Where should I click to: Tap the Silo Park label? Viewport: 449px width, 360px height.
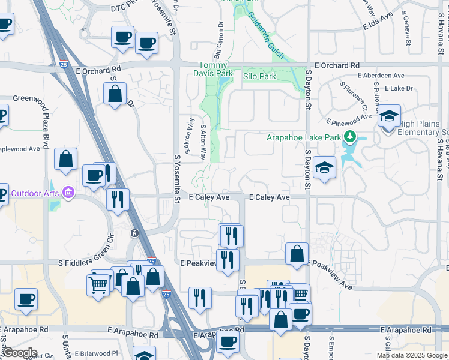[x=259, y=77]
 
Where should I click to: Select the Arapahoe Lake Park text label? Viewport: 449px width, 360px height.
[x=304, y=137]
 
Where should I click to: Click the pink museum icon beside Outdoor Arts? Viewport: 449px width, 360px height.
[x=68, y=193]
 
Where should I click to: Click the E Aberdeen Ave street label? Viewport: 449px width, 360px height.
[x=381, y=76]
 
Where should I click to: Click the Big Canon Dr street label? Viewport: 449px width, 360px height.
[x=220, y=37]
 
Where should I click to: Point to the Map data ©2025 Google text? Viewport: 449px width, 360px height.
[x=411, y=355]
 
